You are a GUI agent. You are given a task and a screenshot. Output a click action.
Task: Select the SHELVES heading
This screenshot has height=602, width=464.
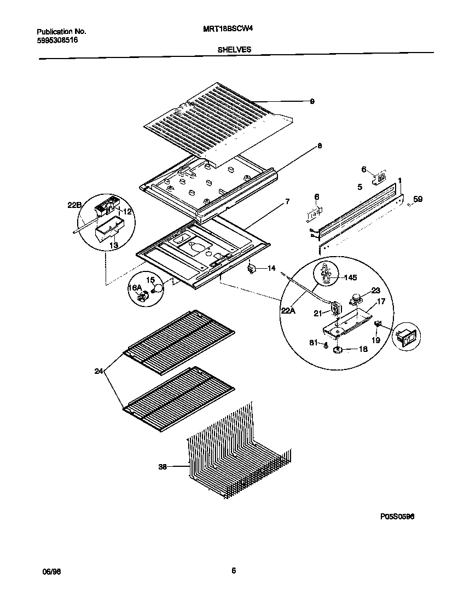point(235,49)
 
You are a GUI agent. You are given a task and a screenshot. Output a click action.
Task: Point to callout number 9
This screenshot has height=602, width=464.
point(312,101)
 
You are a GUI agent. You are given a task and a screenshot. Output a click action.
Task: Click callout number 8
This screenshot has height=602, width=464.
point(320,146)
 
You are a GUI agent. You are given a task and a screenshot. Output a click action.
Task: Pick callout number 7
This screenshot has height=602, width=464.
point(287,202)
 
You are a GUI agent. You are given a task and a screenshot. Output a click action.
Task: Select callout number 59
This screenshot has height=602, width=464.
point(417,200)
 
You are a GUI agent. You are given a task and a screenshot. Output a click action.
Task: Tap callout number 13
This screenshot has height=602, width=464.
point(114,246)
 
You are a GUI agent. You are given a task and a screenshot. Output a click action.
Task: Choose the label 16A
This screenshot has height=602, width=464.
point(135,288)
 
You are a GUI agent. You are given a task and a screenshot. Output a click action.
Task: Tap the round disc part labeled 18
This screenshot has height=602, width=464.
point(338,349)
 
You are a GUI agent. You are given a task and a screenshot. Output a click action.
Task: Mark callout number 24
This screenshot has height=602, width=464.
point(98,371)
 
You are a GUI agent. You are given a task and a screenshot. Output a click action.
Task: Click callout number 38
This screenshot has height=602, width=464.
point(163,467)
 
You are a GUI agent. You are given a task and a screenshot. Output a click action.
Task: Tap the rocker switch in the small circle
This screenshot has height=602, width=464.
point(408,339)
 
